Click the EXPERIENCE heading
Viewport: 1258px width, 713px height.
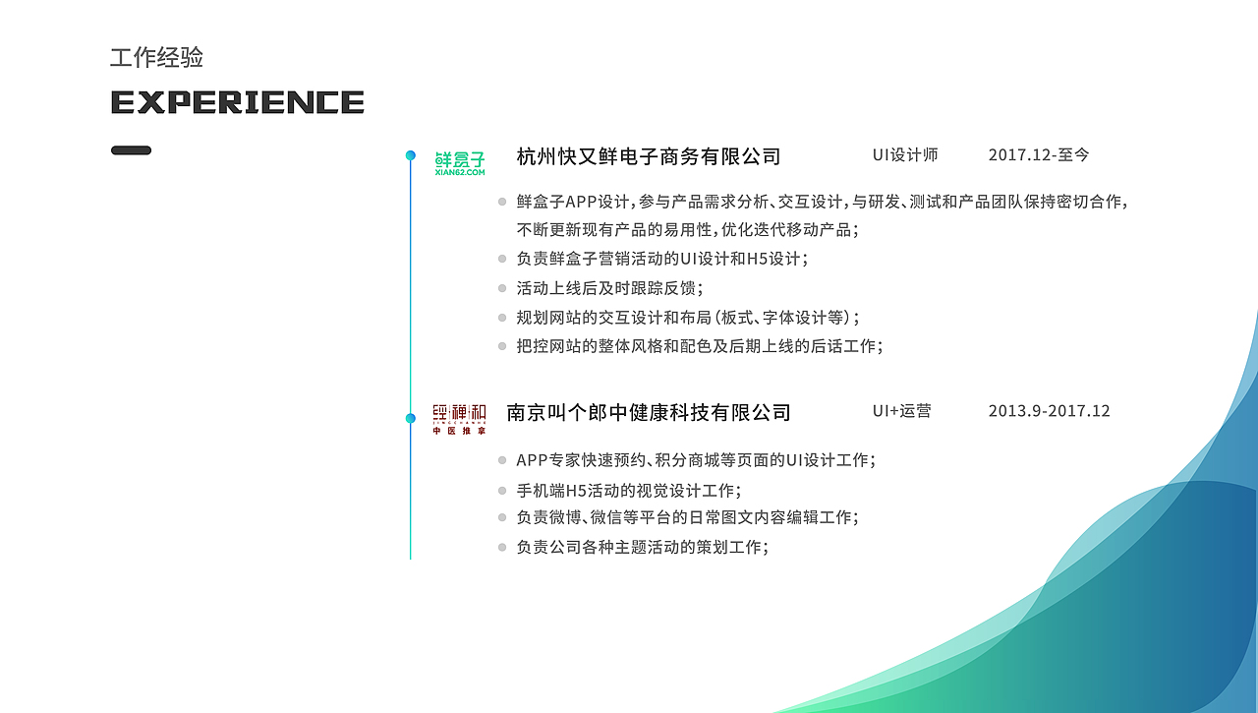[x=238, y=102]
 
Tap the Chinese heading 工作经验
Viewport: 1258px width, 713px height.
[x=156, y=58]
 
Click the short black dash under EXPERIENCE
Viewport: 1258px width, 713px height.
[x=131, y=150]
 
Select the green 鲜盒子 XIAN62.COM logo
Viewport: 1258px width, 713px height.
[x=459, y=163]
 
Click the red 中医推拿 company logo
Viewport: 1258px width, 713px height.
[x=459, y=419]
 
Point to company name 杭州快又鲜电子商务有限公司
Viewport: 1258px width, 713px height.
[x=648, y=156]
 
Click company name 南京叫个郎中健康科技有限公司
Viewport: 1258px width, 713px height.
[x=648, y=412]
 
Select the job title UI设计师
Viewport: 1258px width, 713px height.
[x=905, y=155]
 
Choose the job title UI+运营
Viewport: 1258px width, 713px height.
[x=901, y=411]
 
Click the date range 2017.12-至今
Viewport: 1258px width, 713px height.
[x=1039, y=155]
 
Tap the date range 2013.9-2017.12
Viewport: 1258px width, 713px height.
[x=1049, y=411]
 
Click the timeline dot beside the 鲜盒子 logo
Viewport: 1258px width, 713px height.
[x=411, y=155]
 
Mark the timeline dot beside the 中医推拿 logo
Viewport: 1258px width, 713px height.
[x=411, y=418]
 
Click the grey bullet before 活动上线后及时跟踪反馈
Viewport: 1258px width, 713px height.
[x=502, y=288]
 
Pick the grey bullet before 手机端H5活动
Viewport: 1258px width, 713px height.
[x=502, y=491]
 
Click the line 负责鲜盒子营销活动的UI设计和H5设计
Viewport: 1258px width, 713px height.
[x=661, y=259]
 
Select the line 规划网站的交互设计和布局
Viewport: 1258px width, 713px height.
[x=687, y=318]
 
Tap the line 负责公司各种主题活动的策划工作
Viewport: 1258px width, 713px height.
[x=642, y=547]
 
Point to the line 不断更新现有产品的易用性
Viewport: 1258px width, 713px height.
[x=687, y=230]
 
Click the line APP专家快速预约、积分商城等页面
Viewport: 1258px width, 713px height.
[x=695, y=460]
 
